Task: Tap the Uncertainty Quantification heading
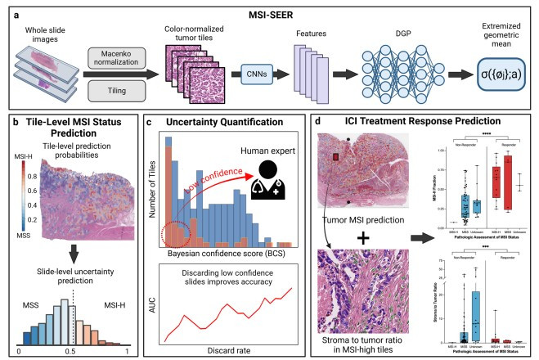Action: tap(226, 123)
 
